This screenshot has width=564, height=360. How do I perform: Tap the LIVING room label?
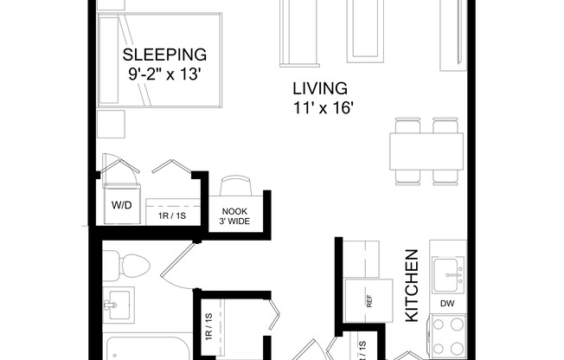point(319,88)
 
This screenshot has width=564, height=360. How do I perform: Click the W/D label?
point(120,206)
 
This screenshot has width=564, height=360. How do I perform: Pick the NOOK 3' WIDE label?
point(235,215)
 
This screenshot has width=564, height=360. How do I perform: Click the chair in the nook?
point(235,188)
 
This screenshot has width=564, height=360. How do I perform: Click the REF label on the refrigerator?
point(369,302)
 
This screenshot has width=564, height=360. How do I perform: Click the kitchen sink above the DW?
point(448,274)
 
